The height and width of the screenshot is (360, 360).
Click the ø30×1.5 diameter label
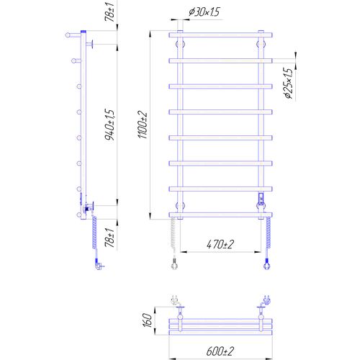point(204,12)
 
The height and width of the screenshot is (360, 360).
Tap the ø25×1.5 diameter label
point(288,83)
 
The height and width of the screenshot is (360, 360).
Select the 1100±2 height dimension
point(143,125)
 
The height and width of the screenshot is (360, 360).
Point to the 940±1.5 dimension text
point(109,125)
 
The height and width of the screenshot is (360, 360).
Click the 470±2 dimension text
point(220,244)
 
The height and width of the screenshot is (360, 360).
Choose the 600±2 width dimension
point(220,351)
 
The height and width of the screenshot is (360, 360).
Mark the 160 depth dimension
point(148,320)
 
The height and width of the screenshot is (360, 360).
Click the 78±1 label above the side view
point(109,12)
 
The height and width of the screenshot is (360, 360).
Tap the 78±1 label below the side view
point(109,238)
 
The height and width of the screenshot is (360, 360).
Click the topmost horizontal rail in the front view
point(220,35)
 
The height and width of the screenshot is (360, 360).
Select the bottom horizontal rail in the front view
point(220,215)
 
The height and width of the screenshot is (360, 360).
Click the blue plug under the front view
point(266,264)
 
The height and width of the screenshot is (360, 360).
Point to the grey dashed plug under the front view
point(174,264)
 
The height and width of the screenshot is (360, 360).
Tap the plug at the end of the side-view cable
point(99,264)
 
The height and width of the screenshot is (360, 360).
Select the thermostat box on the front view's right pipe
point(261,198)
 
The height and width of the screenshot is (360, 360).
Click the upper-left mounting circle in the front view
point(180,44)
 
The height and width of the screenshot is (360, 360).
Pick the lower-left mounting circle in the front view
point(180,206)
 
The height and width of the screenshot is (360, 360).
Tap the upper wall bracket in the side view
point(90,44)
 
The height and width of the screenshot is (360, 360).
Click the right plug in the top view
point(266,300)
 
